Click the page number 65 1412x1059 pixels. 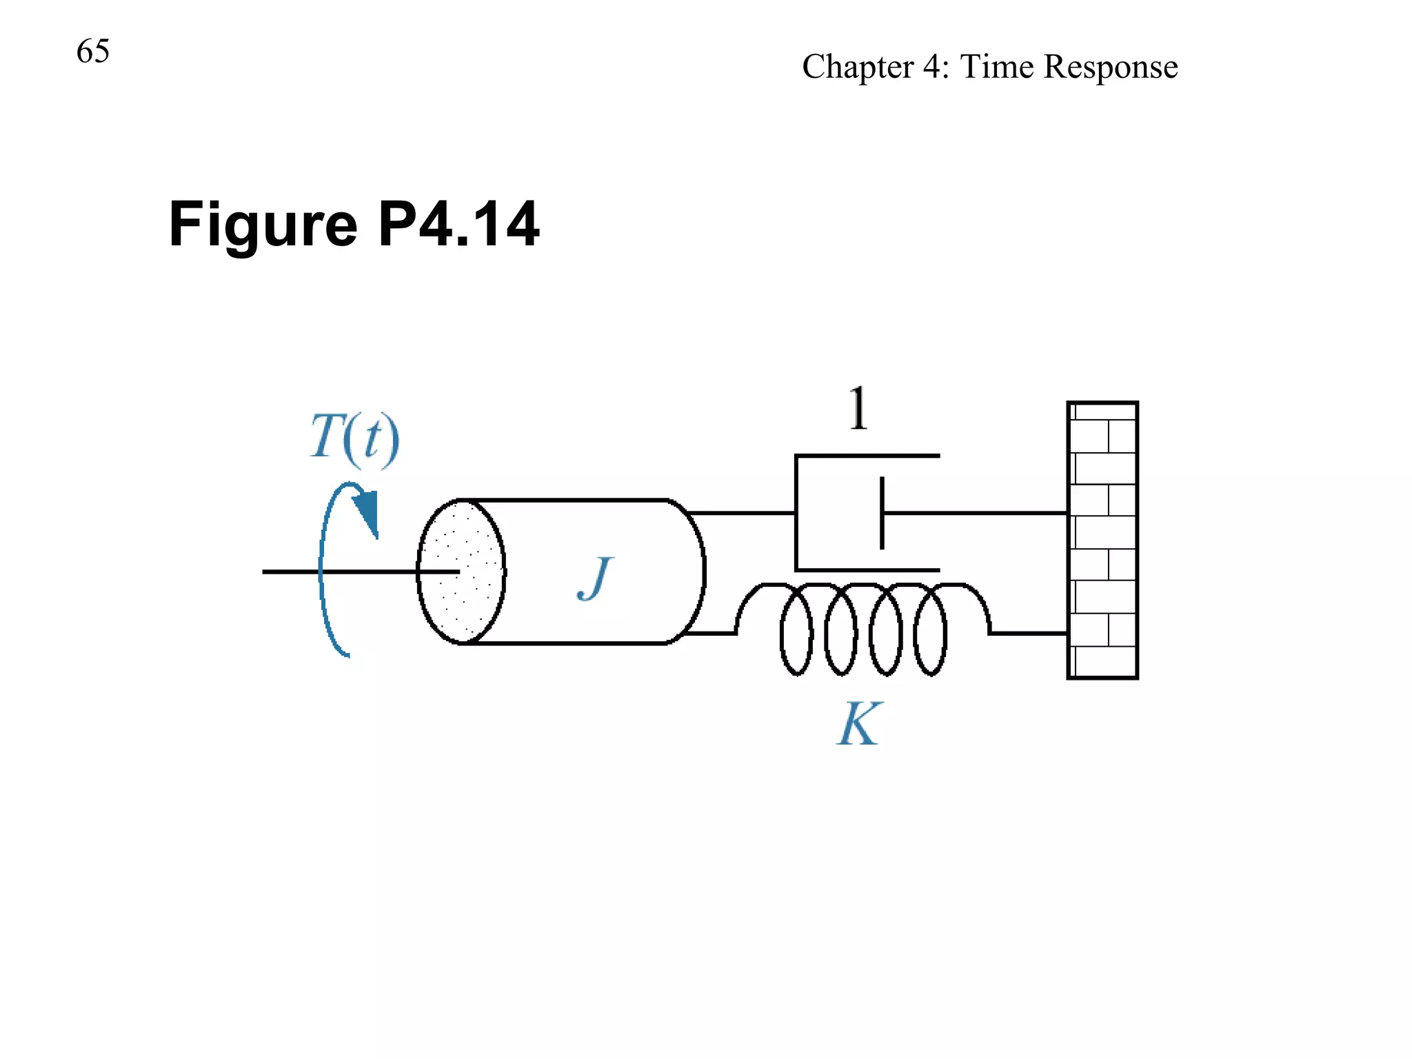pyautogui.click(x=93, y=52)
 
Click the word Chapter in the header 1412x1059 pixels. pyautogui.click(x=858, y=68)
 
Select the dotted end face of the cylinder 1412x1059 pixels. pyautogui.click(x=461, y=572)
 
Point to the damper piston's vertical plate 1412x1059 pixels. pyautogui.click(x=882, y=513)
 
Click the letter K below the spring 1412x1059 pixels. pyautogui.click(x=859, y=724)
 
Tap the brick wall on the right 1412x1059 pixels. pyautogui.click(x=1102, y=540)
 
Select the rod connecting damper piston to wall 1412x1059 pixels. pyautogui.click(x=975, y=513)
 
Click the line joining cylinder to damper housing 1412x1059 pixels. pyautogui.click(x=742, y=513)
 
